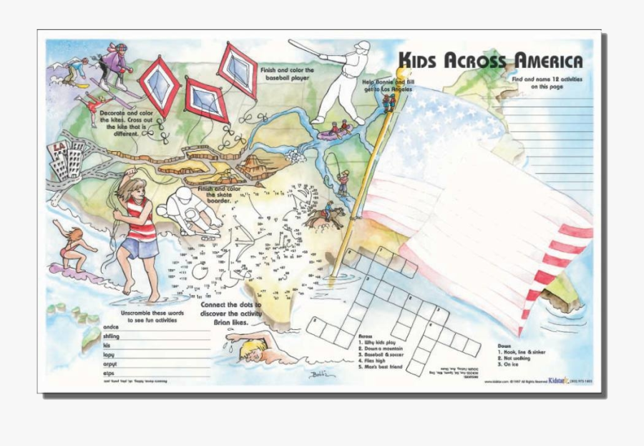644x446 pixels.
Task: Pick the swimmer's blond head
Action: tap(252, 349)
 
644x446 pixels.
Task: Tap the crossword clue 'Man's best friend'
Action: tap(383, 367)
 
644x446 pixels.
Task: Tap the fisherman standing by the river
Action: tap(343, 182)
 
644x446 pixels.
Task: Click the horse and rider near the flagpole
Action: tap(328, 215)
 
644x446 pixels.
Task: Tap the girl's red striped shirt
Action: tap(140, 220)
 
